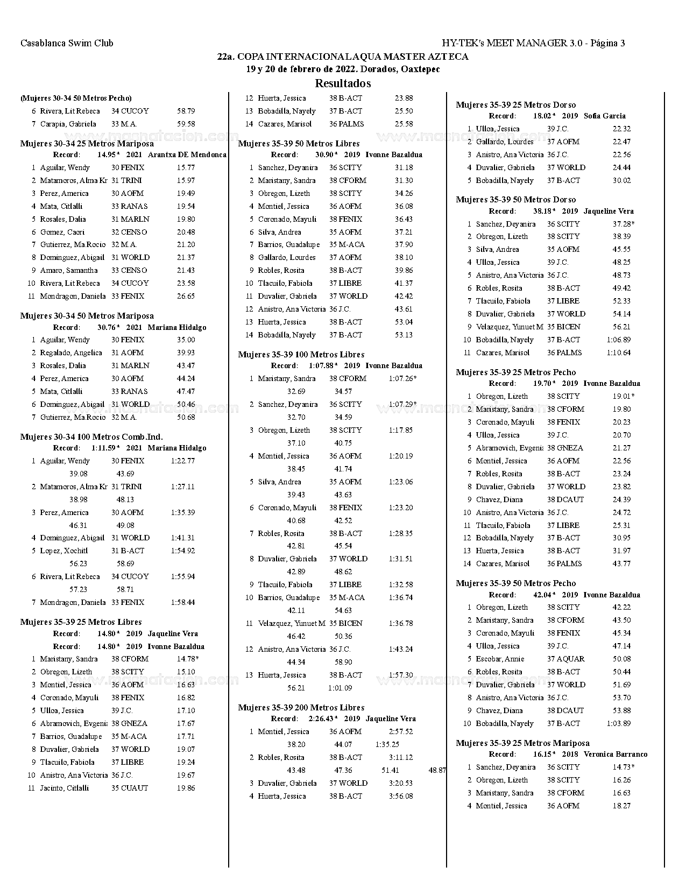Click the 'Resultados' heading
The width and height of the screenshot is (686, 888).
click(x=343, y=83)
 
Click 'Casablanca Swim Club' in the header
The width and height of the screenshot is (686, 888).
click(x=67, y=43)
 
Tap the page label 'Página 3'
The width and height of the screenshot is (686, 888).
click(x=607, y=43)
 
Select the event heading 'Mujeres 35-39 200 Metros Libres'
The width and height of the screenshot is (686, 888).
click(x=301, y=707)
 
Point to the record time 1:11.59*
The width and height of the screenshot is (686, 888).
click(x=105, y=448)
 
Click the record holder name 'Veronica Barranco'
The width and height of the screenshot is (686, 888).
click(x=616, y=754)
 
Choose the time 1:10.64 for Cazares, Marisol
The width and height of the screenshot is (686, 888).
click(x=618, y=353)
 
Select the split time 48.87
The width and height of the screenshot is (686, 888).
click(x=437, y=770)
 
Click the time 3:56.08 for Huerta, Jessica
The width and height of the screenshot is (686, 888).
click(x=401, y=796)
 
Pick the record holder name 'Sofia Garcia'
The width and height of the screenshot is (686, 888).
click(x=605, y=116)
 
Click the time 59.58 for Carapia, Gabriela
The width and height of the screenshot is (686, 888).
click(x=186, y=124)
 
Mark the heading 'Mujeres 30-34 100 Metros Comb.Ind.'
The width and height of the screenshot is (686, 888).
click(x=91, y=436)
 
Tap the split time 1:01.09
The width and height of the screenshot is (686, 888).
click(x=340, y=688)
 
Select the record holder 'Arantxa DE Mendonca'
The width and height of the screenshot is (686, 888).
click(x=187, y=154)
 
